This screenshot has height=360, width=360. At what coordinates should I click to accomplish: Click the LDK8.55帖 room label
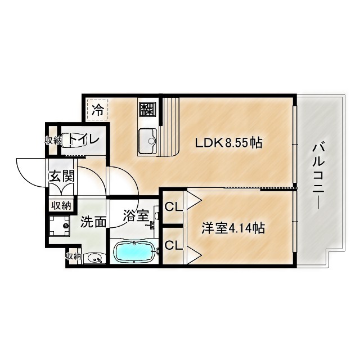tap(228, 143)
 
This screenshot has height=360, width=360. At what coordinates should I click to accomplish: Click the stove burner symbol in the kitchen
tap(147, 109)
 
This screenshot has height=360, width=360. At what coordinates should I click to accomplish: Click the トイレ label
tap(85, 138)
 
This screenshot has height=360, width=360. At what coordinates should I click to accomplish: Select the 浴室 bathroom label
tap(136, 214)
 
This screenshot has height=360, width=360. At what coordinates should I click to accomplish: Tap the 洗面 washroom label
tap(93, 222)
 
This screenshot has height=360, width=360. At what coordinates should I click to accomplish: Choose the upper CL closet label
tap(173, 206)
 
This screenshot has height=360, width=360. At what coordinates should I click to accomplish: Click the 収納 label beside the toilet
tap(53, 140)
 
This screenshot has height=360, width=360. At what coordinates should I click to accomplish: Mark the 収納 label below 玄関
tap(61, 205)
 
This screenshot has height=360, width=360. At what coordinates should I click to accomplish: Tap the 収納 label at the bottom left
tap(73, 256)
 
